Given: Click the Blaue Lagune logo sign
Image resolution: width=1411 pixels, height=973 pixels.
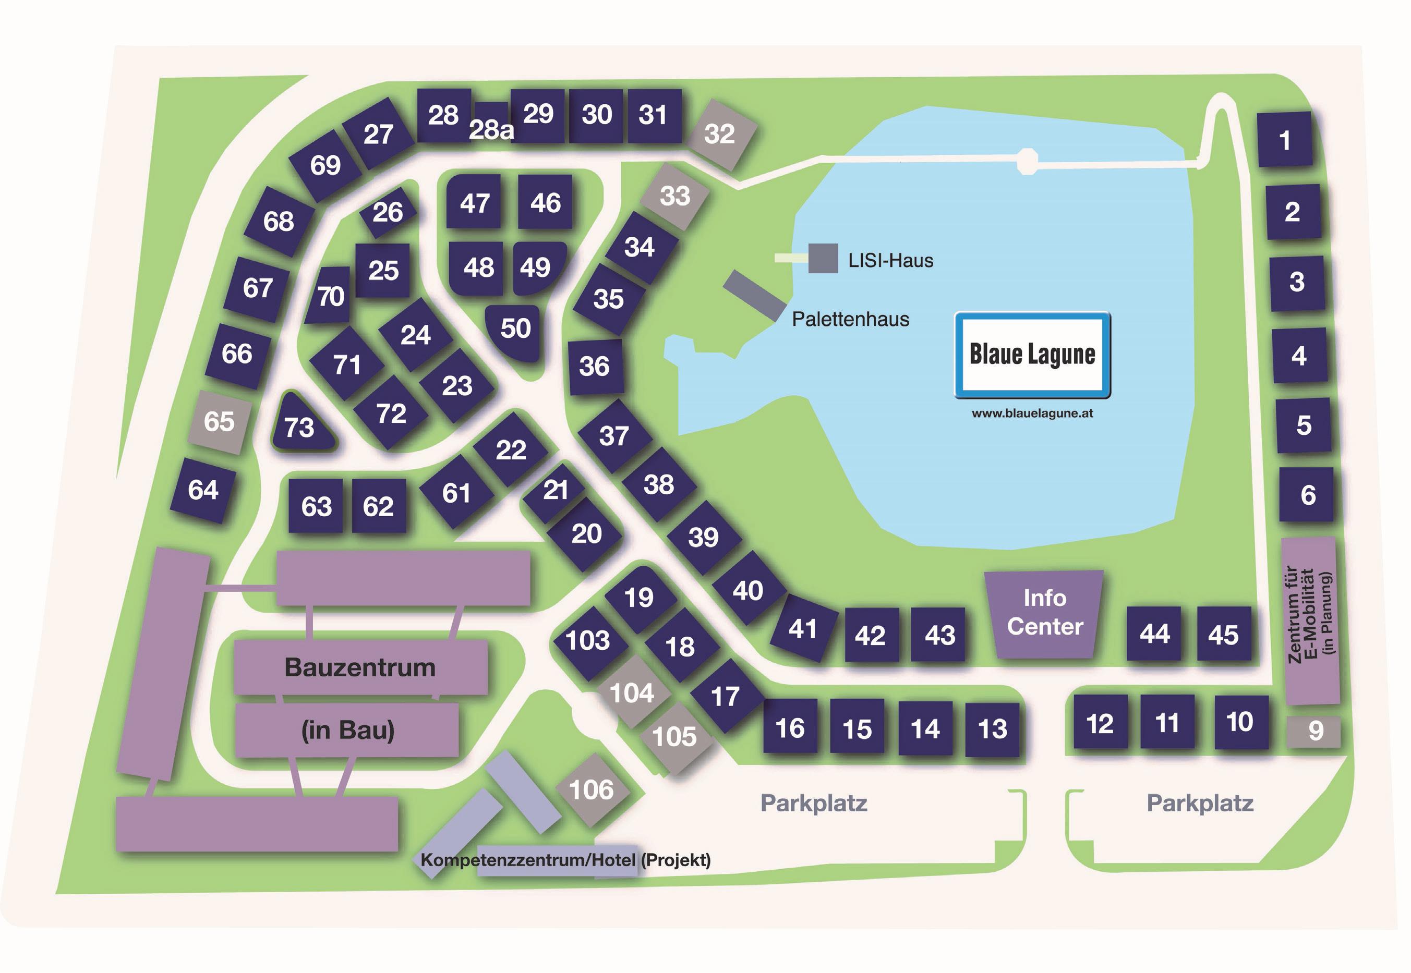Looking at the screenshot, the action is pos(1032,355).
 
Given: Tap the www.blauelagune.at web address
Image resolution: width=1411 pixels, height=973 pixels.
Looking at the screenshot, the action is pos(1032,413).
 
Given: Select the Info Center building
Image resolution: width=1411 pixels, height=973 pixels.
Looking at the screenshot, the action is pos(1044,613).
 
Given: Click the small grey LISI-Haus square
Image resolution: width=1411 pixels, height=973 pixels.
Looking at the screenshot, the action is pos(823,259).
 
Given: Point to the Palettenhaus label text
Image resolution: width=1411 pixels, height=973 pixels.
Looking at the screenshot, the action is pos(850,319).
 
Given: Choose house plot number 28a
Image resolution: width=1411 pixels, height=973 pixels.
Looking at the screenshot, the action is pos(491,127).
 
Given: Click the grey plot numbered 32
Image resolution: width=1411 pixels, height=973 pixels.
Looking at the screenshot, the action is pos(719,134).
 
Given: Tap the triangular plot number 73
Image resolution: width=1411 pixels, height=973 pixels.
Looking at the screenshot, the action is pos(300,426).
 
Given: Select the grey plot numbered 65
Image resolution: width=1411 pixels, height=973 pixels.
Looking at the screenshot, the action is pos(219,421).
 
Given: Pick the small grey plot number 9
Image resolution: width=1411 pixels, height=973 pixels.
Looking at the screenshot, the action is pos(1315,731).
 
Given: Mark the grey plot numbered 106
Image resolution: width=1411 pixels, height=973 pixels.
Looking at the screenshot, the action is pos(591,789).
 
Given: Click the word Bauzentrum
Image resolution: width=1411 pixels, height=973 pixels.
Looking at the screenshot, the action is pos(360,667).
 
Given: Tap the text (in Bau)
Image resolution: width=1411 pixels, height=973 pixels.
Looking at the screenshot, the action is pos(347,730).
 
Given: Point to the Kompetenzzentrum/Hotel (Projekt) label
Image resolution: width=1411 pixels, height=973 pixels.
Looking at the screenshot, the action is pos(565,860).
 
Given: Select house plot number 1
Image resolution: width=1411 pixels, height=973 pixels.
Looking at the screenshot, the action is pos(1284,140).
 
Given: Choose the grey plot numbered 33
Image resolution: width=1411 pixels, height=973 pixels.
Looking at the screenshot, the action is pos(674,196).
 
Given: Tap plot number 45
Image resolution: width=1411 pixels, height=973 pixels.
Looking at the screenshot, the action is pos(1223,635).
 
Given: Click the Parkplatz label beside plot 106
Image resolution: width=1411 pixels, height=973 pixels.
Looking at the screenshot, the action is pos(813,803).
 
